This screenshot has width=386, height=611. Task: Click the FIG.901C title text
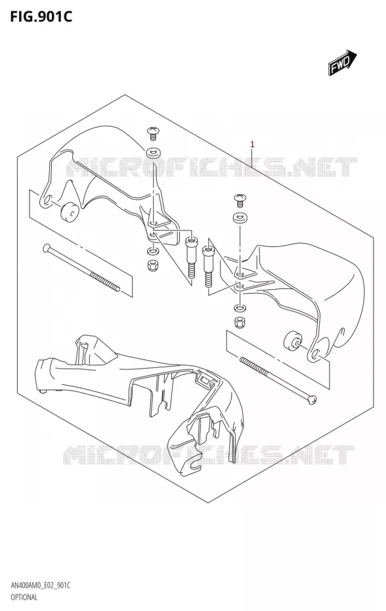pos(41,16)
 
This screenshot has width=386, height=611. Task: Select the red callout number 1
pos(252,144)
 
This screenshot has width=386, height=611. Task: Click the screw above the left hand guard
pos(153,133)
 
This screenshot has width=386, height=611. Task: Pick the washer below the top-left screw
pos(154,152)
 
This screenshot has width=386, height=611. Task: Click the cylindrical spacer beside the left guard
pos(70,212)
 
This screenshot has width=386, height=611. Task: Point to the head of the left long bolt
pos(47,248)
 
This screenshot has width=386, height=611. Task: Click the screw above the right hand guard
pos(240,200)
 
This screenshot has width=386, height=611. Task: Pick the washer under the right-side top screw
pos(240,219)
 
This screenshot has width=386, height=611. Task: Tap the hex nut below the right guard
pos(238,323)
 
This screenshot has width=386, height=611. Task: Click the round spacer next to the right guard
pos(291,342)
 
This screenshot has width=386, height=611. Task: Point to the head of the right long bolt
pos(312,400)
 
